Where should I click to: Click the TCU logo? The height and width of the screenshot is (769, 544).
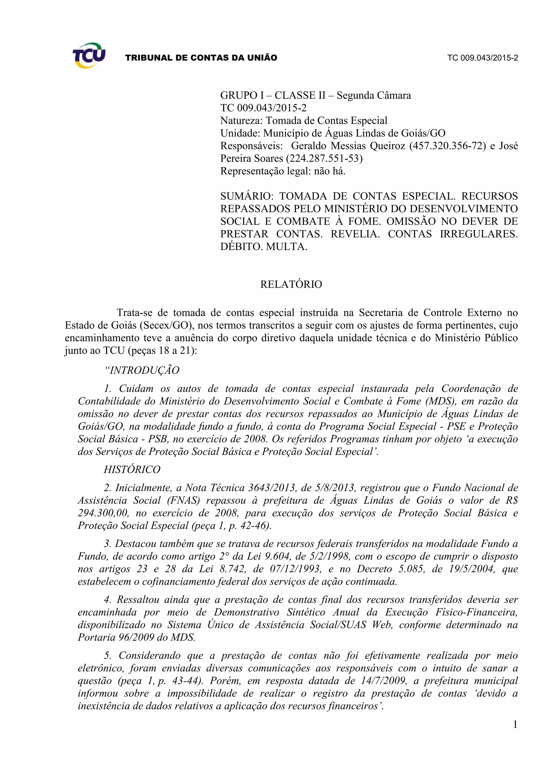[x=89, y=55]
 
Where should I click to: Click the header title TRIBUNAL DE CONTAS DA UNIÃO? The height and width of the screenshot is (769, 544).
[x=201, y=58]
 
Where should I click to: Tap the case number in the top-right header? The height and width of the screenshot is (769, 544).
[x=482, y=58]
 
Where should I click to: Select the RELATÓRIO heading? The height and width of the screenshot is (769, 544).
[x=291, y=284]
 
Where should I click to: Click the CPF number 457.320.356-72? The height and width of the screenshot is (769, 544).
[x=448, y=146]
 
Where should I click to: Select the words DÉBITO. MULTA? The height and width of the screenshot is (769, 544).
[x=263, y=247]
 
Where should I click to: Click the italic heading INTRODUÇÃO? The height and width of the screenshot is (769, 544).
[x=142, y=370]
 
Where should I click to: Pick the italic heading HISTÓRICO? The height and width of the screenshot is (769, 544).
[x=132, y=469]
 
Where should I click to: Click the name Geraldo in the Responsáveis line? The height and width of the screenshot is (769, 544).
[x=309, y=146]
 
